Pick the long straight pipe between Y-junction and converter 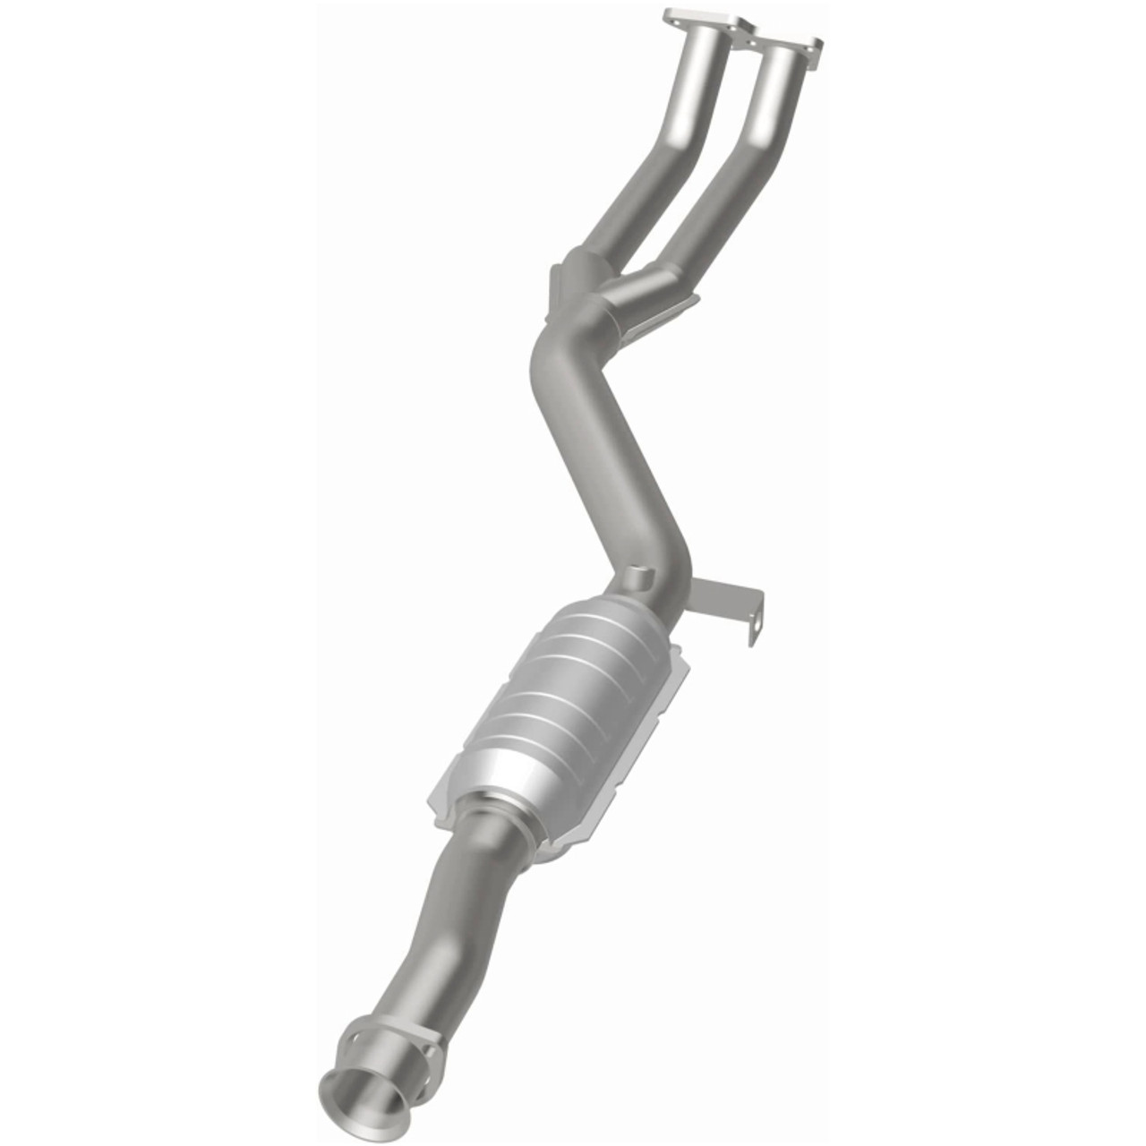coord(627,475)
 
